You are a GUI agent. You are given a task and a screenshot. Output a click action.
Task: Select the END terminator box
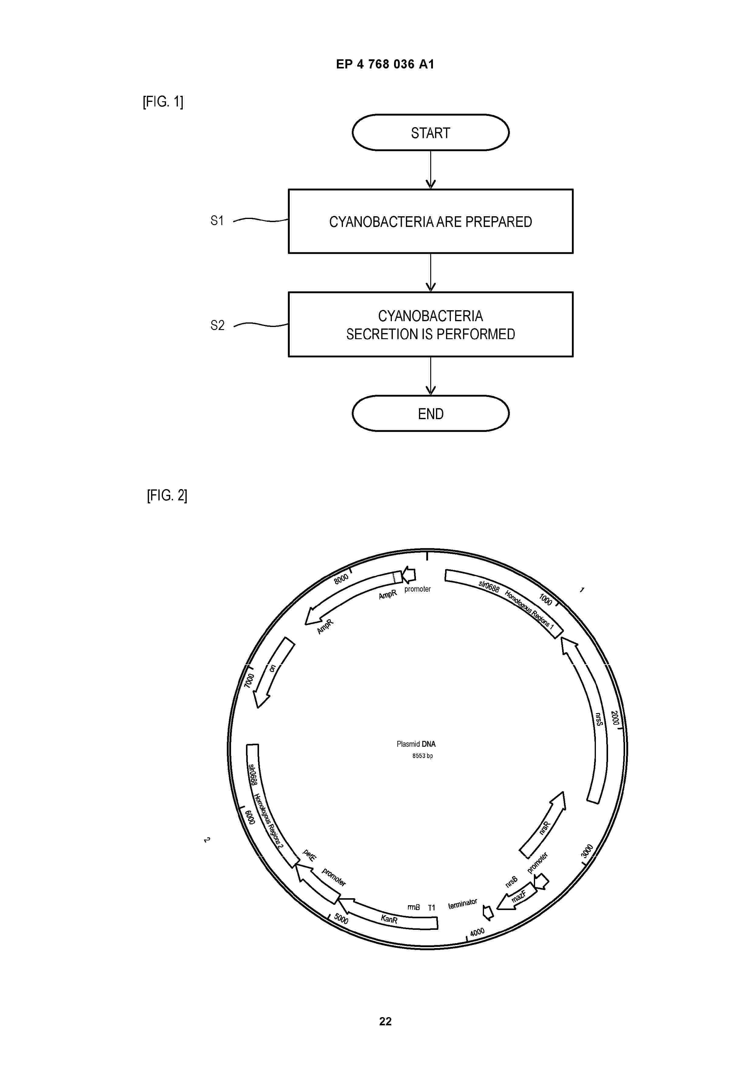(430, 414)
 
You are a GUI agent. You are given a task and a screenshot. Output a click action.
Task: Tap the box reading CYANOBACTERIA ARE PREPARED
(430, 221)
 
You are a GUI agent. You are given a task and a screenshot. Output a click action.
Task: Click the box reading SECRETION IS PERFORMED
(430, 324)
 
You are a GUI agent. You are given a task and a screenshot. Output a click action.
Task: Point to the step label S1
(217, 221)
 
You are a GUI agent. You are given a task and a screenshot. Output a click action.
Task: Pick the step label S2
(217, 325)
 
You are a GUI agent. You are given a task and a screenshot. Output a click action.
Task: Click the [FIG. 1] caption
(163, 101)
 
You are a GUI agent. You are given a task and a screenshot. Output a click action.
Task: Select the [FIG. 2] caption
(167, 495)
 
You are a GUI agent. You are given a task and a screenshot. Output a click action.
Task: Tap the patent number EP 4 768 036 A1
(385, 64)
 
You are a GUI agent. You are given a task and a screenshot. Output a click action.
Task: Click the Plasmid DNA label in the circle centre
(416, 744)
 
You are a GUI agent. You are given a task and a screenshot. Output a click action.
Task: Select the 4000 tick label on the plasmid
(477, 932)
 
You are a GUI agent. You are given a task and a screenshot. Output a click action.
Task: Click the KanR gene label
(389, 919)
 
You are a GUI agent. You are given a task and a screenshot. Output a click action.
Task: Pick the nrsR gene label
(545, 828)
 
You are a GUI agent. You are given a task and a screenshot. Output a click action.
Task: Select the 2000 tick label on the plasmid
(615, 718)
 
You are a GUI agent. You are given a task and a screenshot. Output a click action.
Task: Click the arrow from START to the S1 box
(431, 170)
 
